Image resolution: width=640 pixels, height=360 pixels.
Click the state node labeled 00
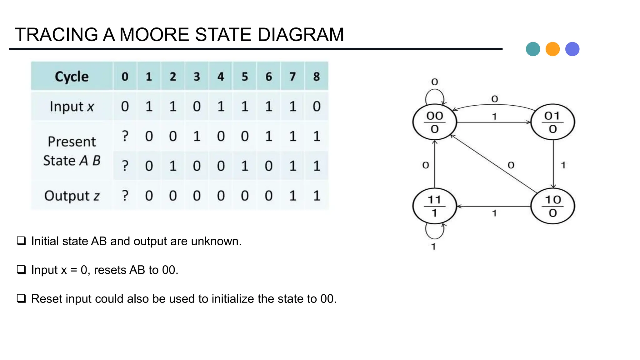[434, 122]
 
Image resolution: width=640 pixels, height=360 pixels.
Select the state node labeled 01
[552, 122]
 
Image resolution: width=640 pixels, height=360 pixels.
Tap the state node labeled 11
[434, 206]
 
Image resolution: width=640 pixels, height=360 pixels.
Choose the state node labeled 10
[552, 206]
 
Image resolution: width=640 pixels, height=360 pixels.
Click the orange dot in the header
[552, 49]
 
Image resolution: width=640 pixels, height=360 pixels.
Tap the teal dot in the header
[533, 49]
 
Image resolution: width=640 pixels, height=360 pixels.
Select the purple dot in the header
[572, 49]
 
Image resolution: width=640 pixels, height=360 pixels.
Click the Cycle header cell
[72, 77]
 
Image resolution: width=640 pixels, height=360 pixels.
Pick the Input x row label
[72, 107]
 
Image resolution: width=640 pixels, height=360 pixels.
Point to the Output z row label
[72, 196]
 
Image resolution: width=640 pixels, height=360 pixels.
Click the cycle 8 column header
[316, 77]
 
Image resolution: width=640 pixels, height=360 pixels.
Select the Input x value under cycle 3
[197, 107]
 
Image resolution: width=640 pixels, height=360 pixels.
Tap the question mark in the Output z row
[125, 196]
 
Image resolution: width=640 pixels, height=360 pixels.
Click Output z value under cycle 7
[292, 196]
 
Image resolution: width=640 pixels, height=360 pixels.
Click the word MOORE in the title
[154, 34]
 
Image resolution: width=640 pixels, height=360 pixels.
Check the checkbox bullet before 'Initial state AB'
[21, 241]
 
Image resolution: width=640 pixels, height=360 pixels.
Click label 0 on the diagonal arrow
[511, 165]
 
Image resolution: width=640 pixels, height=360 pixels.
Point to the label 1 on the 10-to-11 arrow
[494, 213]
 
